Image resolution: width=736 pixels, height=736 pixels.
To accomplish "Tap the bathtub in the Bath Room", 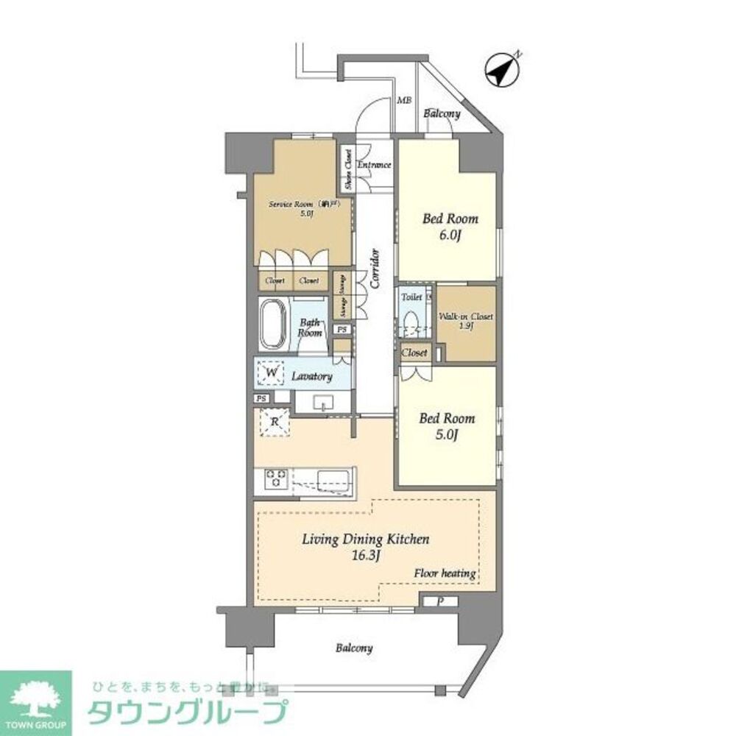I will pos(272,325).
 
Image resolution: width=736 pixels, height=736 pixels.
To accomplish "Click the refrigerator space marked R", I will pos(275,422).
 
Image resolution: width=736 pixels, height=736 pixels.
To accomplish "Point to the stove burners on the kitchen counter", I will pos(275,478).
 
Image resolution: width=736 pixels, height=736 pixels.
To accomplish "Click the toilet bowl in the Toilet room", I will pos(411,323).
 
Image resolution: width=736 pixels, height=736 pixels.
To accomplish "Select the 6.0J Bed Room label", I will pos(450,226).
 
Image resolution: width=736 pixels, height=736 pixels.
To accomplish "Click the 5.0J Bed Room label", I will pos(447,426).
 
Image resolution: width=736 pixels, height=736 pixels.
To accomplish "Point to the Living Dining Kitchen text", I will pos(366,539).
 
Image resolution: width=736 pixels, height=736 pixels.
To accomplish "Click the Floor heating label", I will pos(445,573).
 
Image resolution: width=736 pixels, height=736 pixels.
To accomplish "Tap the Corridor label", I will pos(375,268).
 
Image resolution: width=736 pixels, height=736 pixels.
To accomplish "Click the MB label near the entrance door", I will pos(404,100).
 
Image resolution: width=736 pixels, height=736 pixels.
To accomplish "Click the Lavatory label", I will pos(311,376).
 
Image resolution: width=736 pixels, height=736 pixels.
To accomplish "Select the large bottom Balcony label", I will pos(354,648).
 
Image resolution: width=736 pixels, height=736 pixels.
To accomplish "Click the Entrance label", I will pos(374,165).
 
